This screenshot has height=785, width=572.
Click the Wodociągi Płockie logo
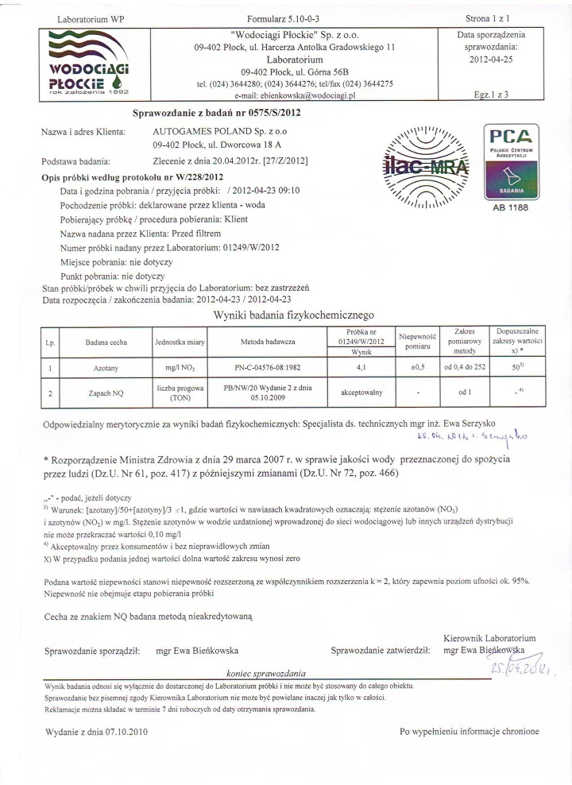[x=86, y=63]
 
